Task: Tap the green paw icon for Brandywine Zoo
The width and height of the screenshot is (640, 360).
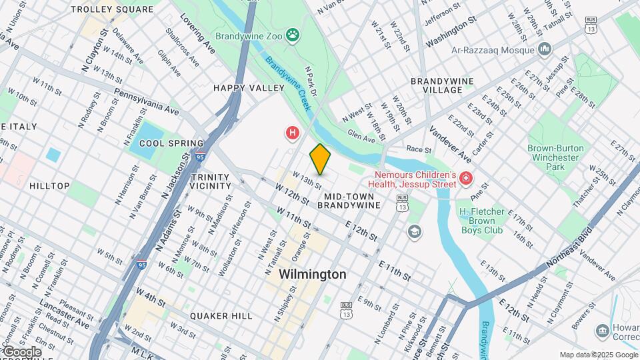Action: [x=292, y=34]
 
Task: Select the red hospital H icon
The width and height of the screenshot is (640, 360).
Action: [x=292, y=133]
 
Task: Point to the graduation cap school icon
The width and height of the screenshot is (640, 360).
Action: [x=415, y=231]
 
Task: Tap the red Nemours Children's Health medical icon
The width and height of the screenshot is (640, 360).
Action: [x=465, y=178]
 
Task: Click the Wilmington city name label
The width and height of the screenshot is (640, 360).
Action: [x=313, y=274]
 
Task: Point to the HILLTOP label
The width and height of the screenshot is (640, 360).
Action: [x=49, y=186]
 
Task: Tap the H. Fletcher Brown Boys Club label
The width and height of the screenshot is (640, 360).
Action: [x=481, y=221]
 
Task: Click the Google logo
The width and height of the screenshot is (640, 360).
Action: [x=21, y=352]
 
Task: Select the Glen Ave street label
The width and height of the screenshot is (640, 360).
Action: [x=362, y=135]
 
